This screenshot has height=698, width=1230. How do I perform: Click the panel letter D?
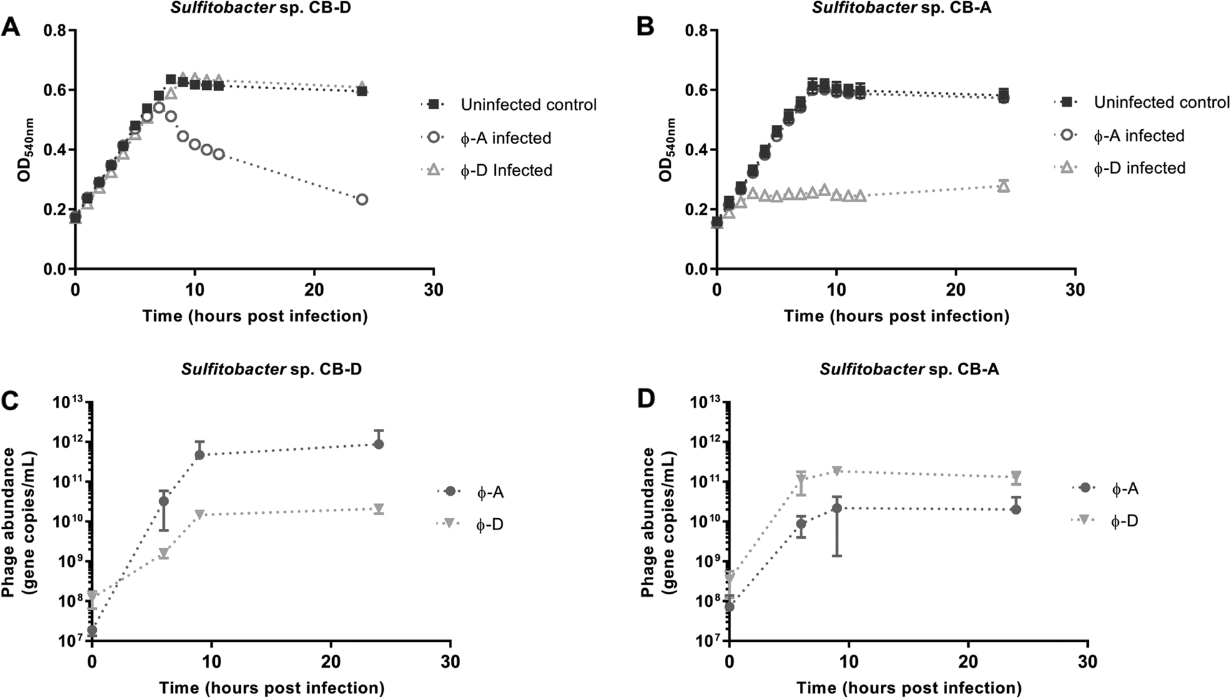tap(646, 398)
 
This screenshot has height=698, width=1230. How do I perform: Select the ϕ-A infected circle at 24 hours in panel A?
tap(362, 200)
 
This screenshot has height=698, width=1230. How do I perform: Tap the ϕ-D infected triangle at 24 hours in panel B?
tap(1003, 186)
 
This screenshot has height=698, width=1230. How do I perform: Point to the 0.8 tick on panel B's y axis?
tap(692, 30)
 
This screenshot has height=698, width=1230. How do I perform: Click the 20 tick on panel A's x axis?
tap(314, 290)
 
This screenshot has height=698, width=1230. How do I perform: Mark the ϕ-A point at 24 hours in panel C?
tap(378, 444)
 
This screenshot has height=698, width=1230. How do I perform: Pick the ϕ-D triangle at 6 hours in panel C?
tap(164, 554)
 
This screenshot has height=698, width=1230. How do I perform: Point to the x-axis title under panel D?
tap(908, 688)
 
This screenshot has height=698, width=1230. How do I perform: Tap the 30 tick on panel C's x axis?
tap(450, 661)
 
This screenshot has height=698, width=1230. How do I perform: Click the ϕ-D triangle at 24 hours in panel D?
tap(1016, 476)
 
